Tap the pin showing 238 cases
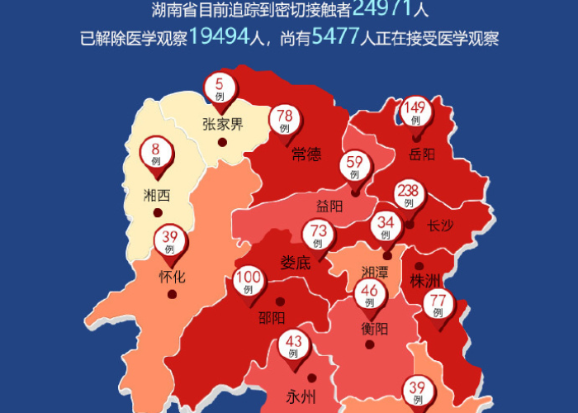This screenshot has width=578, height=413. coord(408,197)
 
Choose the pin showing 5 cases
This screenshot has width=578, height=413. coord(220,87)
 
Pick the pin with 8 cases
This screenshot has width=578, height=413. coord(155,154)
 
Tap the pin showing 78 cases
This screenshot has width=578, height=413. coord(285,120)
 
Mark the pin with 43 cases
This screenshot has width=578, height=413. coord(293,344)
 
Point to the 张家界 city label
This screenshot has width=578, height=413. coord(222,125)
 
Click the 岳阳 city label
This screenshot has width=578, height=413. coord(421,154)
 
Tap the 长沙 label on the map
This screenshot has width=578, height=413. coord(441,225)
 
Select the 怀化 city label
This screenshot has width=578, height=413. coord(172,277)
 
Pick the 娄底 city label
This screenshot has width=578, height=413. coord(295,263)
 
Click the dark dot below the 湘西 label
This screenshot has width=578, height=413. coord(158,212)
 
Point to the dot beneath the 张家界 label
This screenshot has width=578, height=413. coord(222,142)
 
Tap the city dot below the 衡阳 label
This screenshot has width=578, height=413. coord(370,344)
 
